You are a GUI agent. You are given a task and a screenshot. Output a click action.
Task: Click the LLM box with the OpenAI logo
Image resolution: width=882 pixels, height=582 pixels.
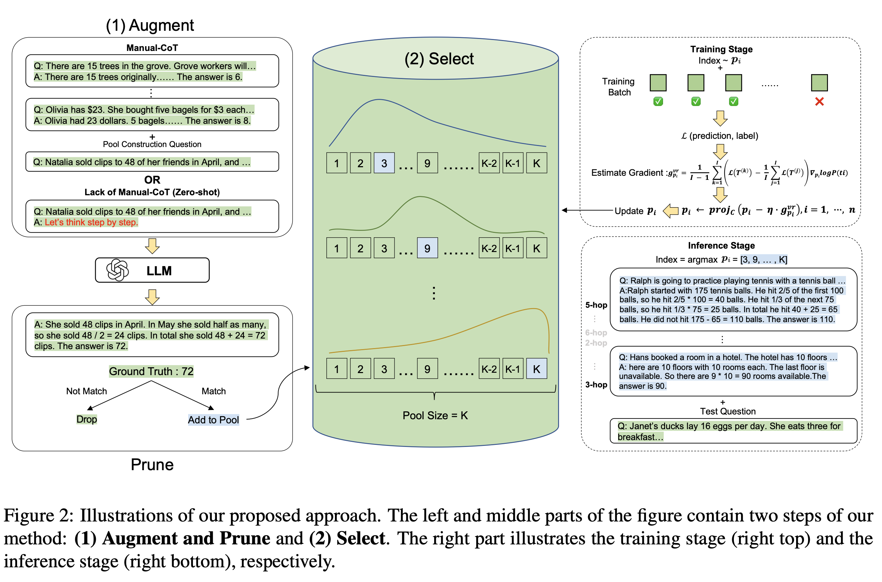tap(152, 270)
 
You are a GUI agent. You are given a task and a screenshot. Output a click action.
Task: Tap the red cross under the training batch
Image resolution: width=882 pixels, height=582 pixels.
tap(819, 102)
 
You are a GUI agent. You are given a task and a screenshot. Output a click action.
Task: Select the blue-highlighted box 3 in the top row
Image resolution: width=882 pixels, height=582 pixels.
tap(384, 163)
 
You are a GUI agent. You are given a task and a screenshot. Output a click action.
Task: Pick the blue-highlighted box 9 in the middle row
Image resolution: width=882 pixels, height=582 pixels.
tap(427, 248)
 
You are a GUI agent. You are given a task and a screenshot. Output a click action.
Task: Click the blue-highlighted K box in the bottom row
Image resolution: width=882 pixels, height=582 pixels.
tap(536, 369)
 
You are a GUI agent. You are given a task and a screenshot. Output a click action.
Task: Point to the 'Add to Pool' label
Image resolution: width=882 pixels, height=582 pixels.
tap(213, 420)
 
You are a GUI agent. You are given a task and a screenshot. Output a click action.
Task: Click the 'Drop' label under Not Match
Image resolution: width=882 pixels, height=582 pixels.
tap(87, 419)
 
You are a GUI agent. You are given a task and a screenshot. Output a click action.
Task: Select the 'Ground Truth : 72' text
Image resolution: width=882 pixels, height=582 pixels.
tap(151, 371)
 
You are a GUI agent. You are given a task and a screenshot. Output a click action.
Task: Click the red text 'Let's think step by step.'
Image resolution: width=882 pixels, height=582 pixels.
tap(91, 222)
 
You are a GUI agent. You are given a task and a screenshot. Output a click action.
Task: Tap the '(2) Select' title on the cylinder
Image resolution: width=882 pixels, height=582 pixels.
tap(439, 59)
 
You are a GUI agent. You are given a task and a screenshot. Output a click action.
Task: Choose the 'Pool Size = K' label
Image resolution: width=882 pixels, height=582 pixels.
tap(435, 415)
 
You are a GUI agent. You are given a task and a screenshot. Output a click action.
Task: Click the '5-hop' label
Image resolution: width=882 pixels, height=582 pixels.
tap(596, 305)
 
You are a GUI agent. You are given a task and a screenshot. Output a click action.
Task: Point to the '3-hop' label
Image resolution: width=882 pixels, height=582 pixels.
tap(596, 385)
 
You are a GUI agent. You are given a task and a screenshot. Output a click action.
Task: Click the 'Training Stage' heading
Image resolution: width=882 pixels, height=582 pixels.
tap(721, 49)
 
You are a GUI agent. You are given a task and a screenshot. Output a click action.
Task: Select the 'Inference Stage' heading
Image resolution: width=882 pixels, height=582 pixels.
tap(721, 245)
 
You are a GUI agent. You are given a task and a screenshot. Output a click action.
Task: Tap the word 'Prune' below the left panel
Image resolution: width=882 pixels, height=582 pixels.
tap(152, 465)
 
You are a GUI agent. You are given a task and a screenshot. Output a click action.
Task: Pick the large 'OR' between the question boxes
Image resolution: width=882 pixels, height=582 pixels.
tap(152, 180)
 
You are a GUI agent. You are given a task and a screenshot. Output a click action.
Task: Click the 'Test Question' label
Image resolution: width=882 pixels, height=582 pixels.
tap(727, 411)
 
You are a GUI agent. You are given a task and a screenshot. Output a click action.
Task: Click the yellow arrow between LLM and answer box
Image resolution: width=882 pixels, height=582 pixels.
tap(152, 297)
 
